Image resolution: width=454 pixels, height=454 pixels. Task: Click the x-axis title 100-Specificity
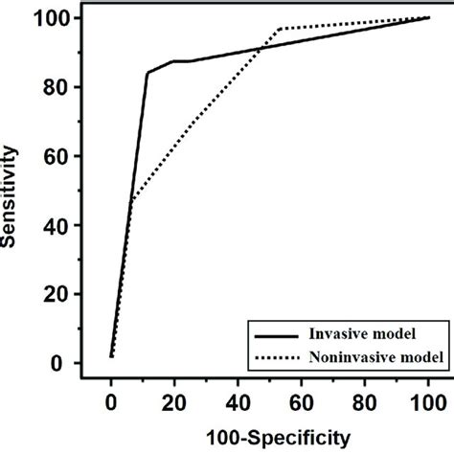click(x=271, y=437)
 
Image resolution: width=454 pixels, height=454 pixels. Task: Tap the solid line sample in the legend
click(x=275, y=336)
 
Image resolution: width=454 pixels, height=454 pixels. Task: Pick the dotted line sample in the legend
click(x=275, y=357)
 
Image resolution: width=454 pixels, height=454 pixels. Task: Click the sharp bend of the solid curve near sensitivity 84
click(x=147, y=72)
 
